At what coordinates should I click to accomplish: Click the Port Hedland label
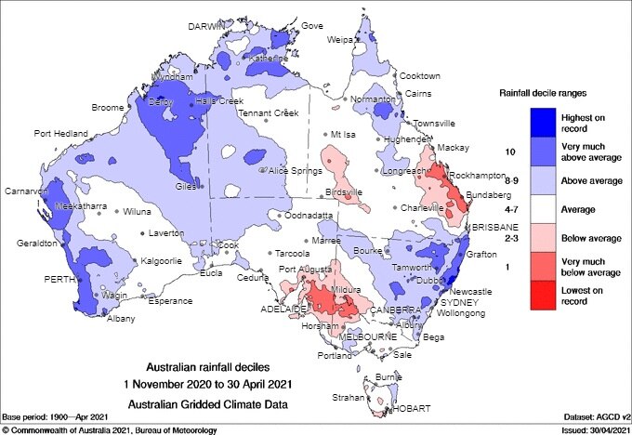[60, 133]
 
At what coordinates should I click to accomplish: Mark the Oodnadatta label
[308, 215]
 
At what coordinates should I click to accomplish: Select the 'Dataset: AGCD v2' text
[597, 416]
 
